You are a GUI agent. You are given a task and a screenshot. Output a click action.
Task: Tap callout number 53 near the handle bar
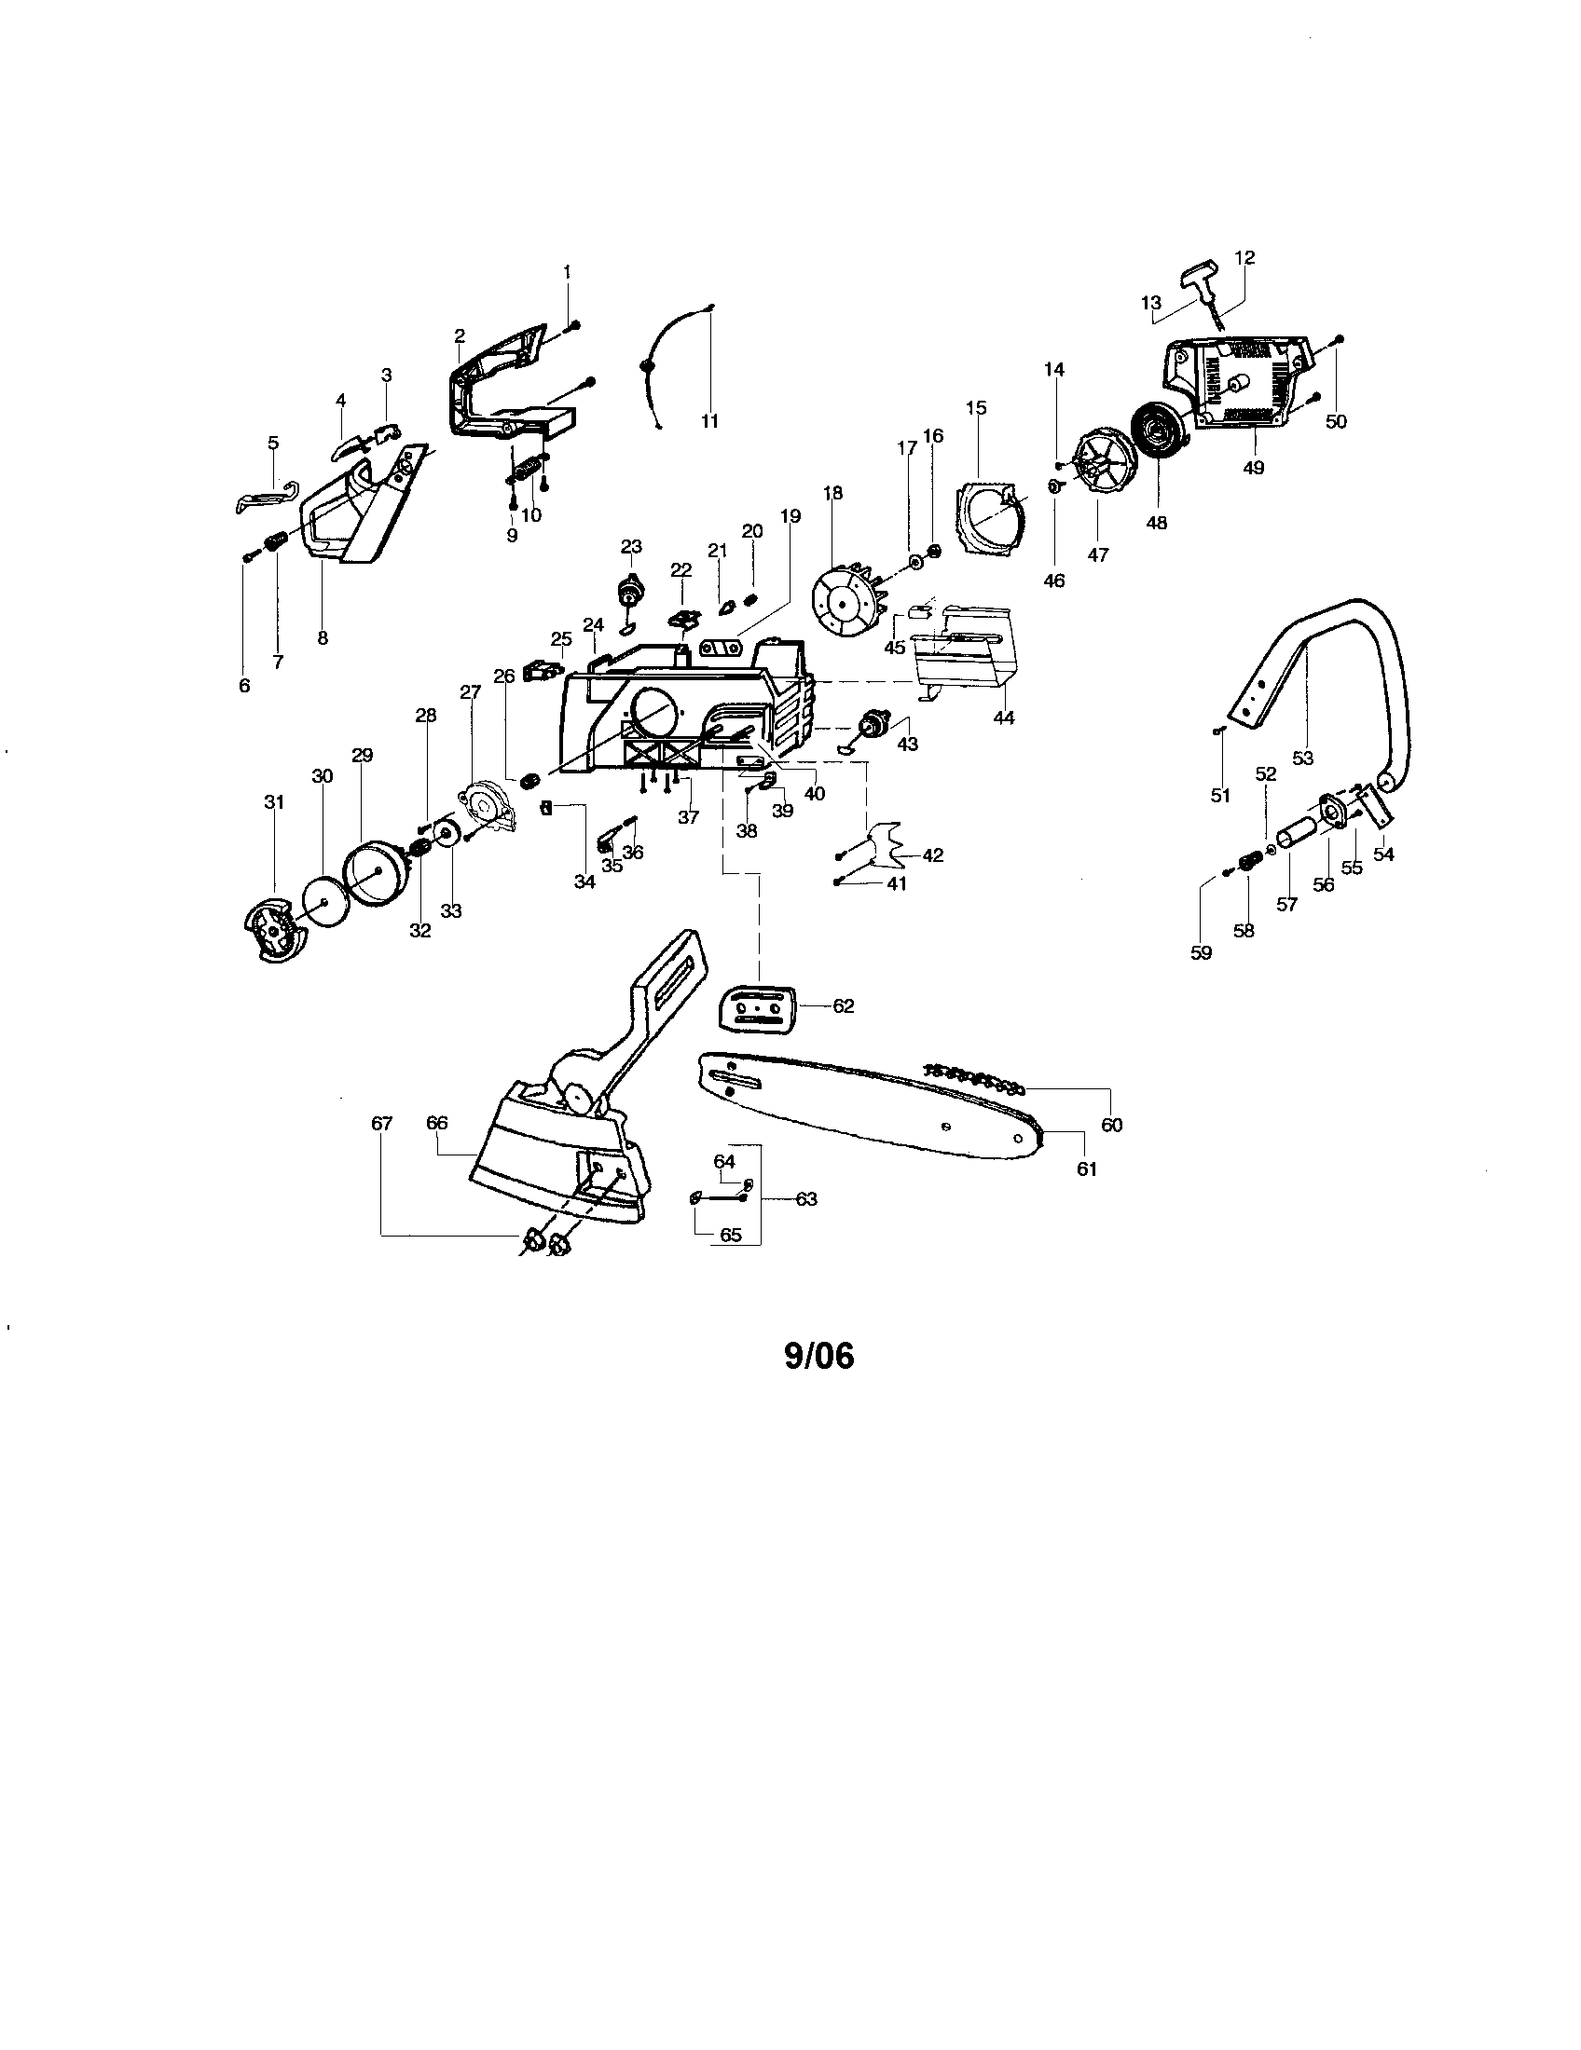[1302, 758]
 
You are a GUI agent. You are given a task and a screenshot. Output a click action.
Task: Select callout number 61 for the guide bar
[1086, 1168]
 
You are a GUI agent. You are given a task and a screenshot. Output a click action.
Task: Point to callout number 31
[273, 802]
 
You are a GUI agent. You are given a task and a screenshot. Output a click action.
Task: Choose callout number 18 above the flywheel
[832, 494]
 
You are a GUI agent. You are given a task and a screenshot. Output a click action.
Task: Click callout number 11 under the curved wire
[709, 421]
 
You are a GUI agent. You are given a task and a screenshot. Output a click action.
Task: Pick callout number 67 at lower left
[381, 1123]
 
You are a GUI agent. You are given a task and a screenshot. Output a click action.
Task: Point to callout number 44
[1004, 717]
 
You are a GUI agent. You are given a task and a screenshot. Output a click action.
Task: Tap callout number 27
[471, 692]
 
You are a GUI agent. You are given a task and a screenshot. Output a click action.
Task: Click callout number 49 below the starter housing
[1254, 467]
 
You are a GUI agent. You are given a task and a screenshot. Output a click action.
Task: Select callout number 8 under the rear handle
[323, 637]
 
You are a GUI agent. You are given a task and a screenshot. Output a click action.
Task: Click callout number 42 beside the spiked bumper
[933, 855]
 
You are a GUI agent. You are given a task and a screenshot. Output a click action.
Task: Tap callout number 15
[976, 407]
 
